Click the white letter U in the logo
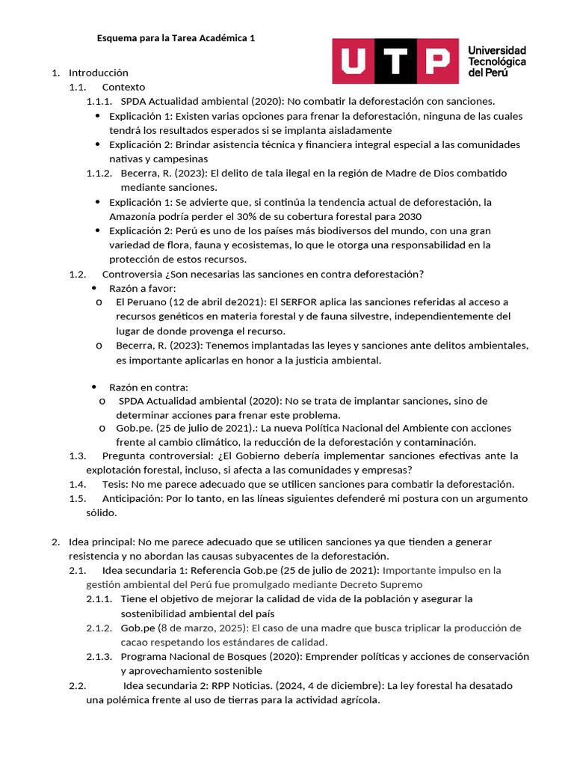tap(354, 61)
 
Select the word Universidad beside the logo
tap(496, 50)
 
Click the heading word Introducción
tap(99, 73)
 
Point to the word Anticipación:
tap(132, 498)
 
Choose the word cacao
tap(135, 642)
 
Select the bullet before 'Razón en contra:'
tap(94, 387)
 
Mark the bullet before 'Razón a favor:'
tap(94, 288)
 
